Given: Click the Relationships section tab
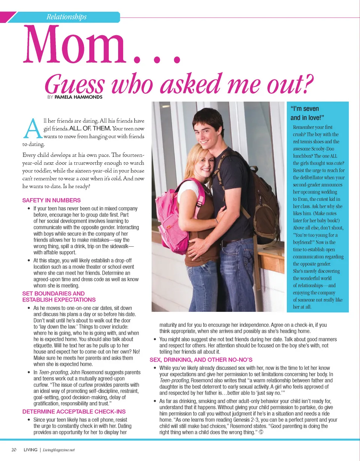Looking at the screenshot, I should [66, 17].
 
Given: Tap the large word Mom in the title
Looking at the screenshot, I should [75, 45].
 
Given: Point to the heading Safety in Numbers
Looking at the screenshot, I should [51, 201].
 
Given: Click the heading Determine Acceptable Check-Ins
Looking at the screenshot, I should [74, 412].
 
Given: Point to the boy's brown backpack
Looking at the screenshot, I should [266, 202].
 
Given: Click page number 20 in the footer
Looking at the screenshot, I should [13, 450].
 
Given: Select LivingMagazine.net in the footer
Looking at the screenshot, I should [58, 450].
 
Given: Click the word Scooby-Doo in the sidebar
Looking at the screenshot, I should [327, 149].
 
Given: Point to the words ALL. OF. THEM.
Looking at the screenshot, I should [90, 129].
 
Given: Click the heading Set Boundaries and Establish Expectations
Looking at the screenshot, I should [59, 296].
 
